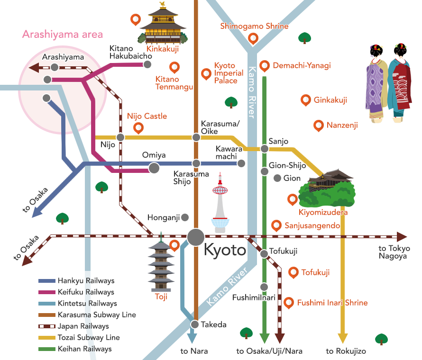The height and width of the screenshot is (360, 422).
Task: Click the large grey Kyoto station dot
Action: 195,237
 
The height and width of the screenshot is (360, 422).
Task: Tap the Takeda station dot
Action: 195,324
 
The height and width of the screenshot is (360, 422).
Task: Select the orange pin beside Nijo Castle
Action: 138,127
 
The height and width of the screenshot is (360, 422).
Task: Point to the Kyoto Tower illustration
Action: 220,204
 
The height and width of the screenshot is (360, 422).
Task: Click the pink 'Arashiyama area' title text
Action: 63,35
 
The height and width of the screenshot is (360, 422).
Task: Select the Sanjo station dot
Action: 265,149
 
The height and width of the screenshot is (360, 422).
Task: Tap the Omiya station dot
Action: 154,168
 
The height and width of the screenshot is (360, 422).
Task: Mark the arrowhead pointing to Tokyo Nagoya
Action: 402,237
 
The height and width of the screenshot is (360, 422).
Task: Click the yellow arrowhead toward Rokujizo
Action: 342,338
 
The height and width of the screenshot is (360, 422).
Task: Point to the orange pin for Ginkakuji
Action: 305,99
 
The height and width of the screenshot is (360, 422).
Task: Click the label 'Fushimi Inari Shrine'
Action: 332,303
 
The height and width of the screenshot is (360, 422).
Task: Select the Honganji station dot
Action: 185,217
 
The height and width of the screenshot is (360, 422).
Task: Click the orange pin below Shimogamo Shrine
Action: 254,38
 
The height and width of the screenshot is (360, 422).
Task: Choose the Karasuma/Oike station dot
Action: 196,137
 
